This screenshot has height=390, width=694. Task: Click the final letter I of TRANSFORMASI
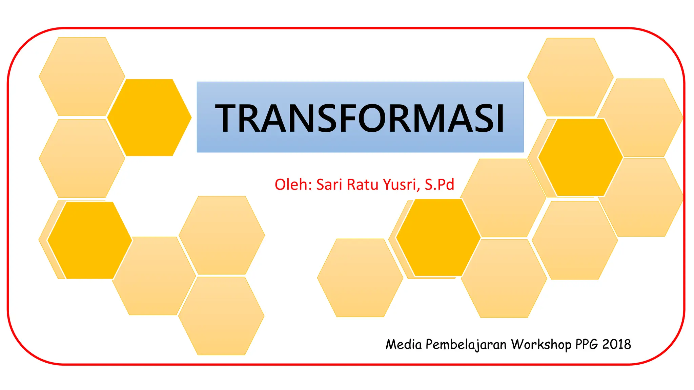500,118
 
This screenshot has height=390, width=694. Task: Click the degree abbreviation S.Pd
439,185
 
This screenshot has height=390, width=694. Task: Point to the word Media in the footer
404,344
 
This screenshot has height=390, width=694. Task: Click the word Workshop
541,345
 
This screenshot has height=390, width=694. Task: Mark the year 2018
617,344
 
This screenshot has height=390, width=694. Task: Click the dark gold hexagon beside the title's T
149,117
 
